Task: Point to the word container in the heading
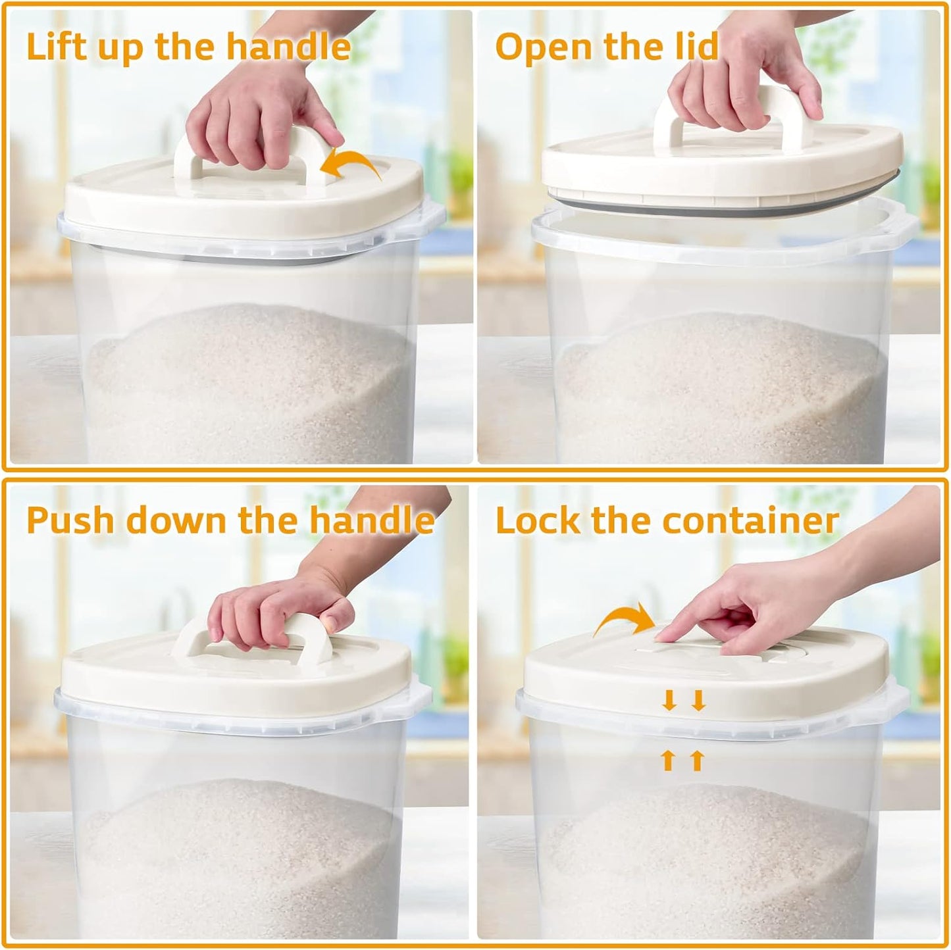click(750, 521)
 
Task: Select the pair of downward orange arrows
click(684, 701)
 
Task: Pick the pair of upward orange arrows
click(683, 761)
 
